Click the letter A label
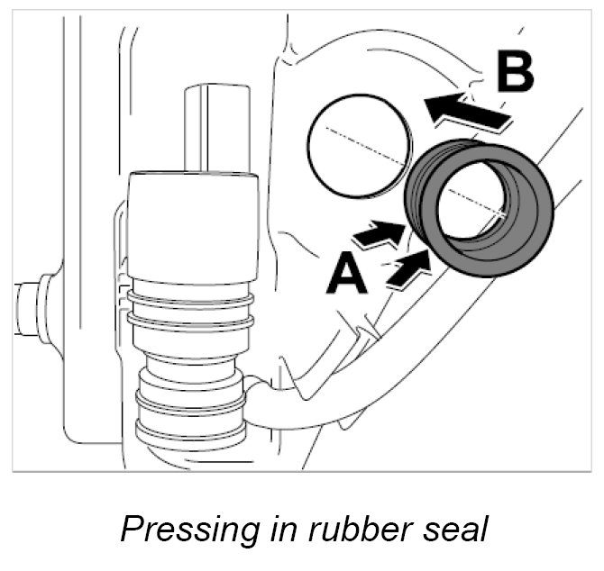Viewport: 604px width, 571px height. [347, 275]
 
